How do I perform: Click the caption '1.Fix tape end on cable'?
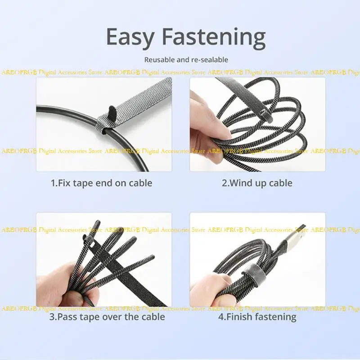pos(101,183)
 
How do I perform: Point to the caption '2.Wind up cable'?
pos(257,183)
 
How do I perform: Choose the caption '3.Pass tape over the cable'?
pos(107,317)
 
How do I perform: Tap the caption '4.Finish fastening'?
pos(257,317)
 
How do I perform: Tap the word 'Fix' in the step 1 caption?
pos(67,183)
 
